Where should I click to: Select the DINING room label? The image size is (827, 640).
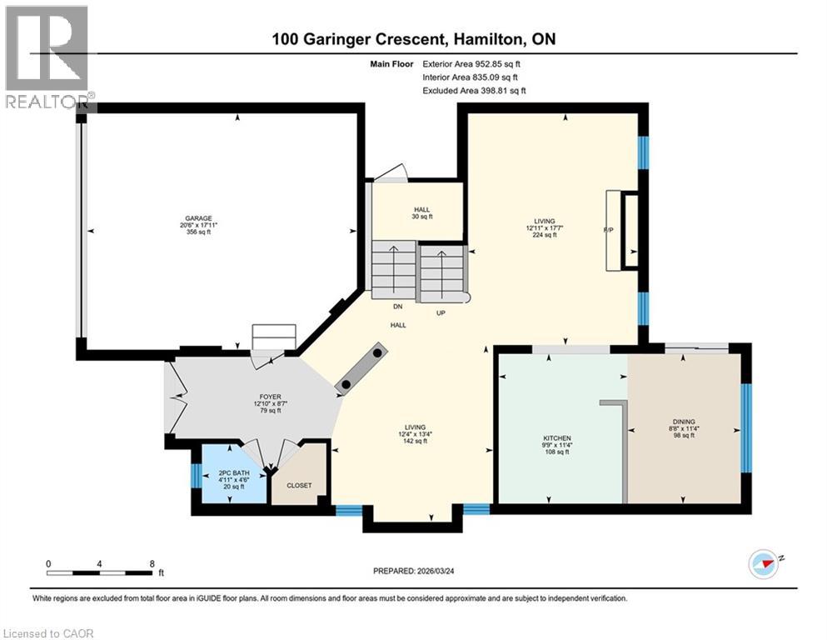click(x=685, y=422)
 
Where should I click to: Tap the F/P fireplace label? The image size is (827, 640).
click(x=608, y=230)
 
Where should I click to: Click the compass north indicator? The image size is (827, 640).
click(x=762, y=563)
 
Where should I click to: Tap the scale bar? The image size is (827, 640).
click(x=100, y=572)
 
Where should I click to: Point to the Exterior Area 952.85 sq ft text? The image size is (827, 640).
click(x=475, y=63)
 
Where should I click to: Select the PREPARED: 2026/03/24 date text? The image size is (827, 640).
click(x=413, y=571)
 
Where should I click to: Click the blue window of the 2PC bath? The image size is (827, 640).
click(x=194, y=475)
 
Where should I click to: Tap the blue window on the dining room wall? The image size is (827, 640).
click(x=745, y=428)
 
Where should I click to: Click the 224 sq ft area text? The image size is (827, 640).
click(x=544, y=235)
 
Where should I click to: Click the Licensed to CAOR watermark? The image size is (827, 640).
click(x=48, y=633)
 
